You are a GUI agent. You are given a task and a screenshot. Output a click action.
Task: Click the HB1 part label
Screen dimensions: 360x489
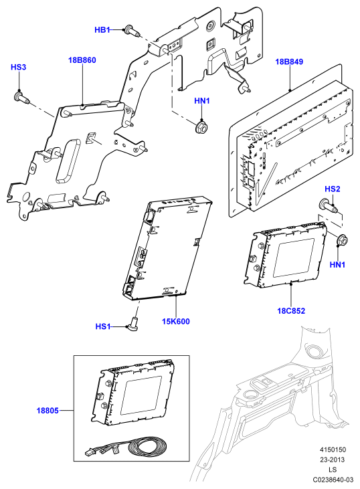tap(102, 29)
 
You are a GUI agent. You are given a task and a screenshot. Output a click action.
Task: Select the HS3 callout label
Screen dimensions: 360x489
tap(19, 67)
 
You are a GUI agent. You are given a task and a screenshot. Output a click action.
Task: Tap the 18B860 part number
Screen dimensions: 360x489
tap(82, 60)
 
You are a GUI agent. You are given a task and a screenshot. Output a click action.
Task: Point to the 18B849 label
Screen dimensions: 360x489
tap(289, 62)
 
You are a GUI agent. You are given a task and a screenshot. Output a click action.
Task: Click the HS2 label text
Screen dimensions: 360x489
tap(333, 189)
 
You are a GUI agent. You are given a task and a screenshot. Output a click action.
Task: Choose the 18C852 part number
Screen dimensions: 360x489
tap(291, 310)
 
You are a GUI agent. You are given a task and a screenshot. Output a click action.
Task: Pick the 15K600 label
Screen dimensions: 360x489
tap(175, 321)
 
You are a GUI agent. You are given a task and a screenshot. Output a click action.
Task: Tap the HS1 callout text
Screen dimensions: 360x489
tap(103, 326)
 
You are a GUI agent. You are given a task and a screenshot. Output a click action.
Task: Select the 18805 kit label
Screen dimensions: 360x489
tap(48, 411)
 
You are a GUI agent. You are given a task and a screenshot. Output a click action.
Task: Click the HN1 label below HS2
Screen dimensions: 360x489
tap(337, 265)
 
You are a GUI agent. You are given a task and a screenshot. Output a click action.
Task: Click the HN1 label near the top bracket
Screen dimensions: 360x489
tap(202, 101)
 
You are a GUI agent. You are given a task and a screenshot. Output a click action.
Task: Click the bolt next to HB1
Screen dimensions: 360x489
tap(132, 31)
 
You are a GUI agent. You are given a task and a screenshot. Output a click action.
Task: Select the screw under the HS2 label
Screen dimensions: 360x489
tap(327, 206)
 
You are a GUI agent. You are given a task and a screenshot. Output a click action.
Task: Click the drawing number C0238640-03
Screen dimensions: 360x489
tap(333, 480)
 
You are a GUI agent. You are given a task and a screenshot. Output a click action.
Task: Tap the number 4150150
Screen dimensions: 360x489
tap(333, 450)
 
